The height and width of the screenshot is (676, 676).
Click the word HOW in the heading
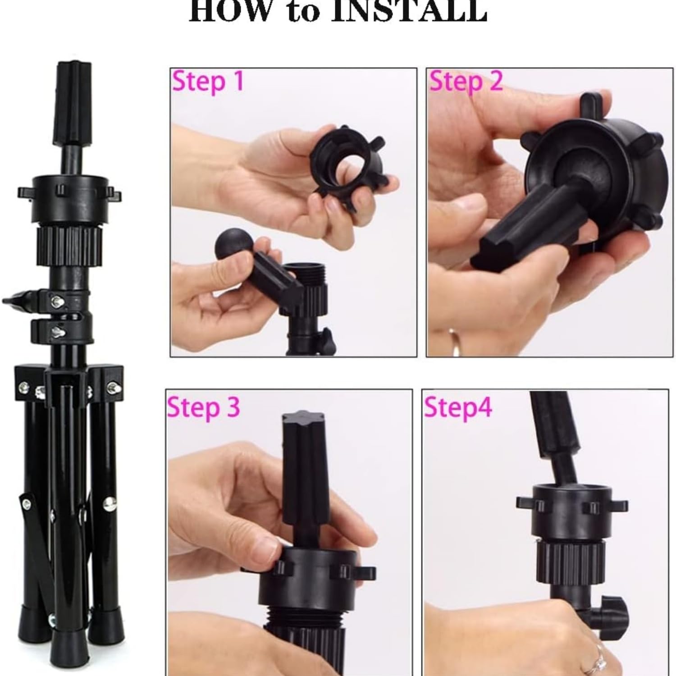234,11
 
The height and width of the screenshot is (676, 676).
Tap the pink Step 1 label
208,82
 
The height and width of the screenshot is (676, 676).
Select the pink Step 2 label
466,82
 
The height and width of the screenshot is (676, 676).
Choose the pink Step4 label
457,407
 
